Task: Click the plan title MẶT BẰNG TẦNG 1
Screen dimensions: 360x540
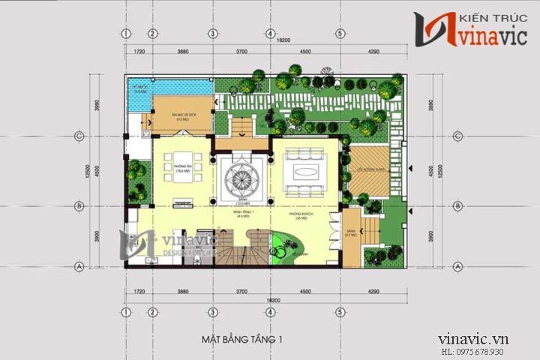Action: [242, 340]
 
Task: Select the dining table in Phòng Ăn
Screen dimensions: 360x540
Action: [182, 177]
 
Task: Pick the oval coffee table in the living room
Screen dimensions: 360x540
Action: [306, 169]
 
